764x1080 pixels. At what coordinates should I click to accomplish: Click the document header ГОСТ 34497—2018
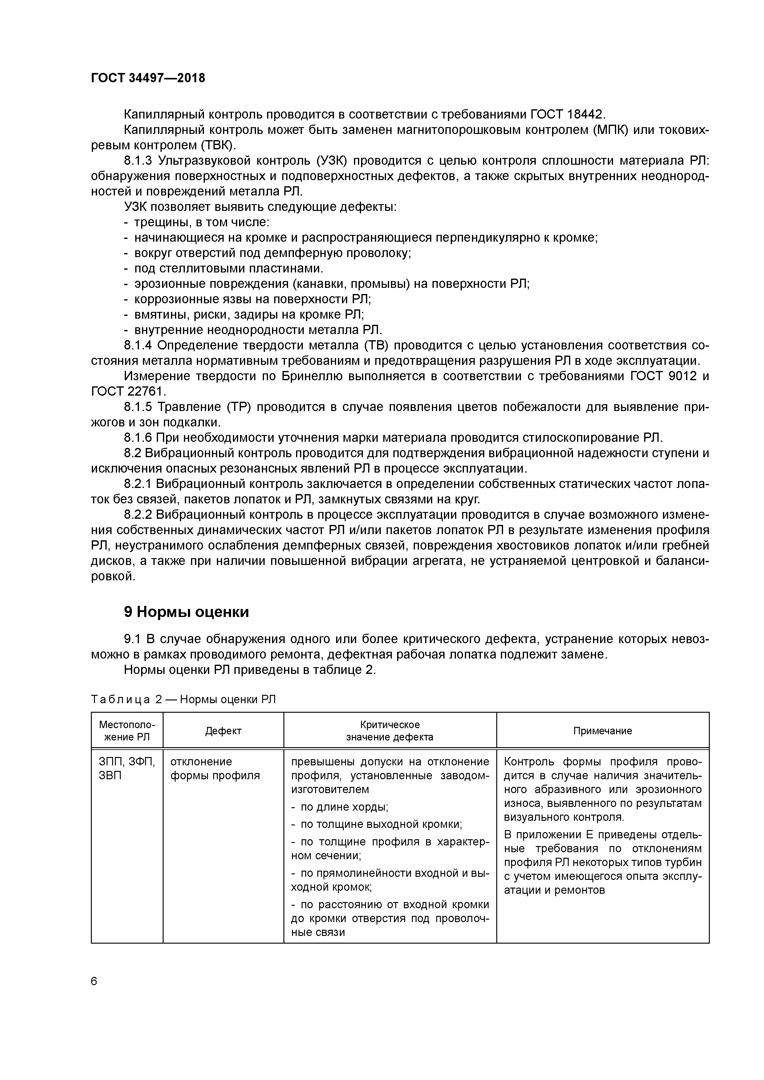(148, 78)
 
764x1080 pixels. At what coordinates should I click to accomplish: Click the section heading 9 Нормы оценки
(186, 612)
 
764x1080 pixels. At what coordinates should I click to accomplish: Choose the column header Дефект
(223, 731)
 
